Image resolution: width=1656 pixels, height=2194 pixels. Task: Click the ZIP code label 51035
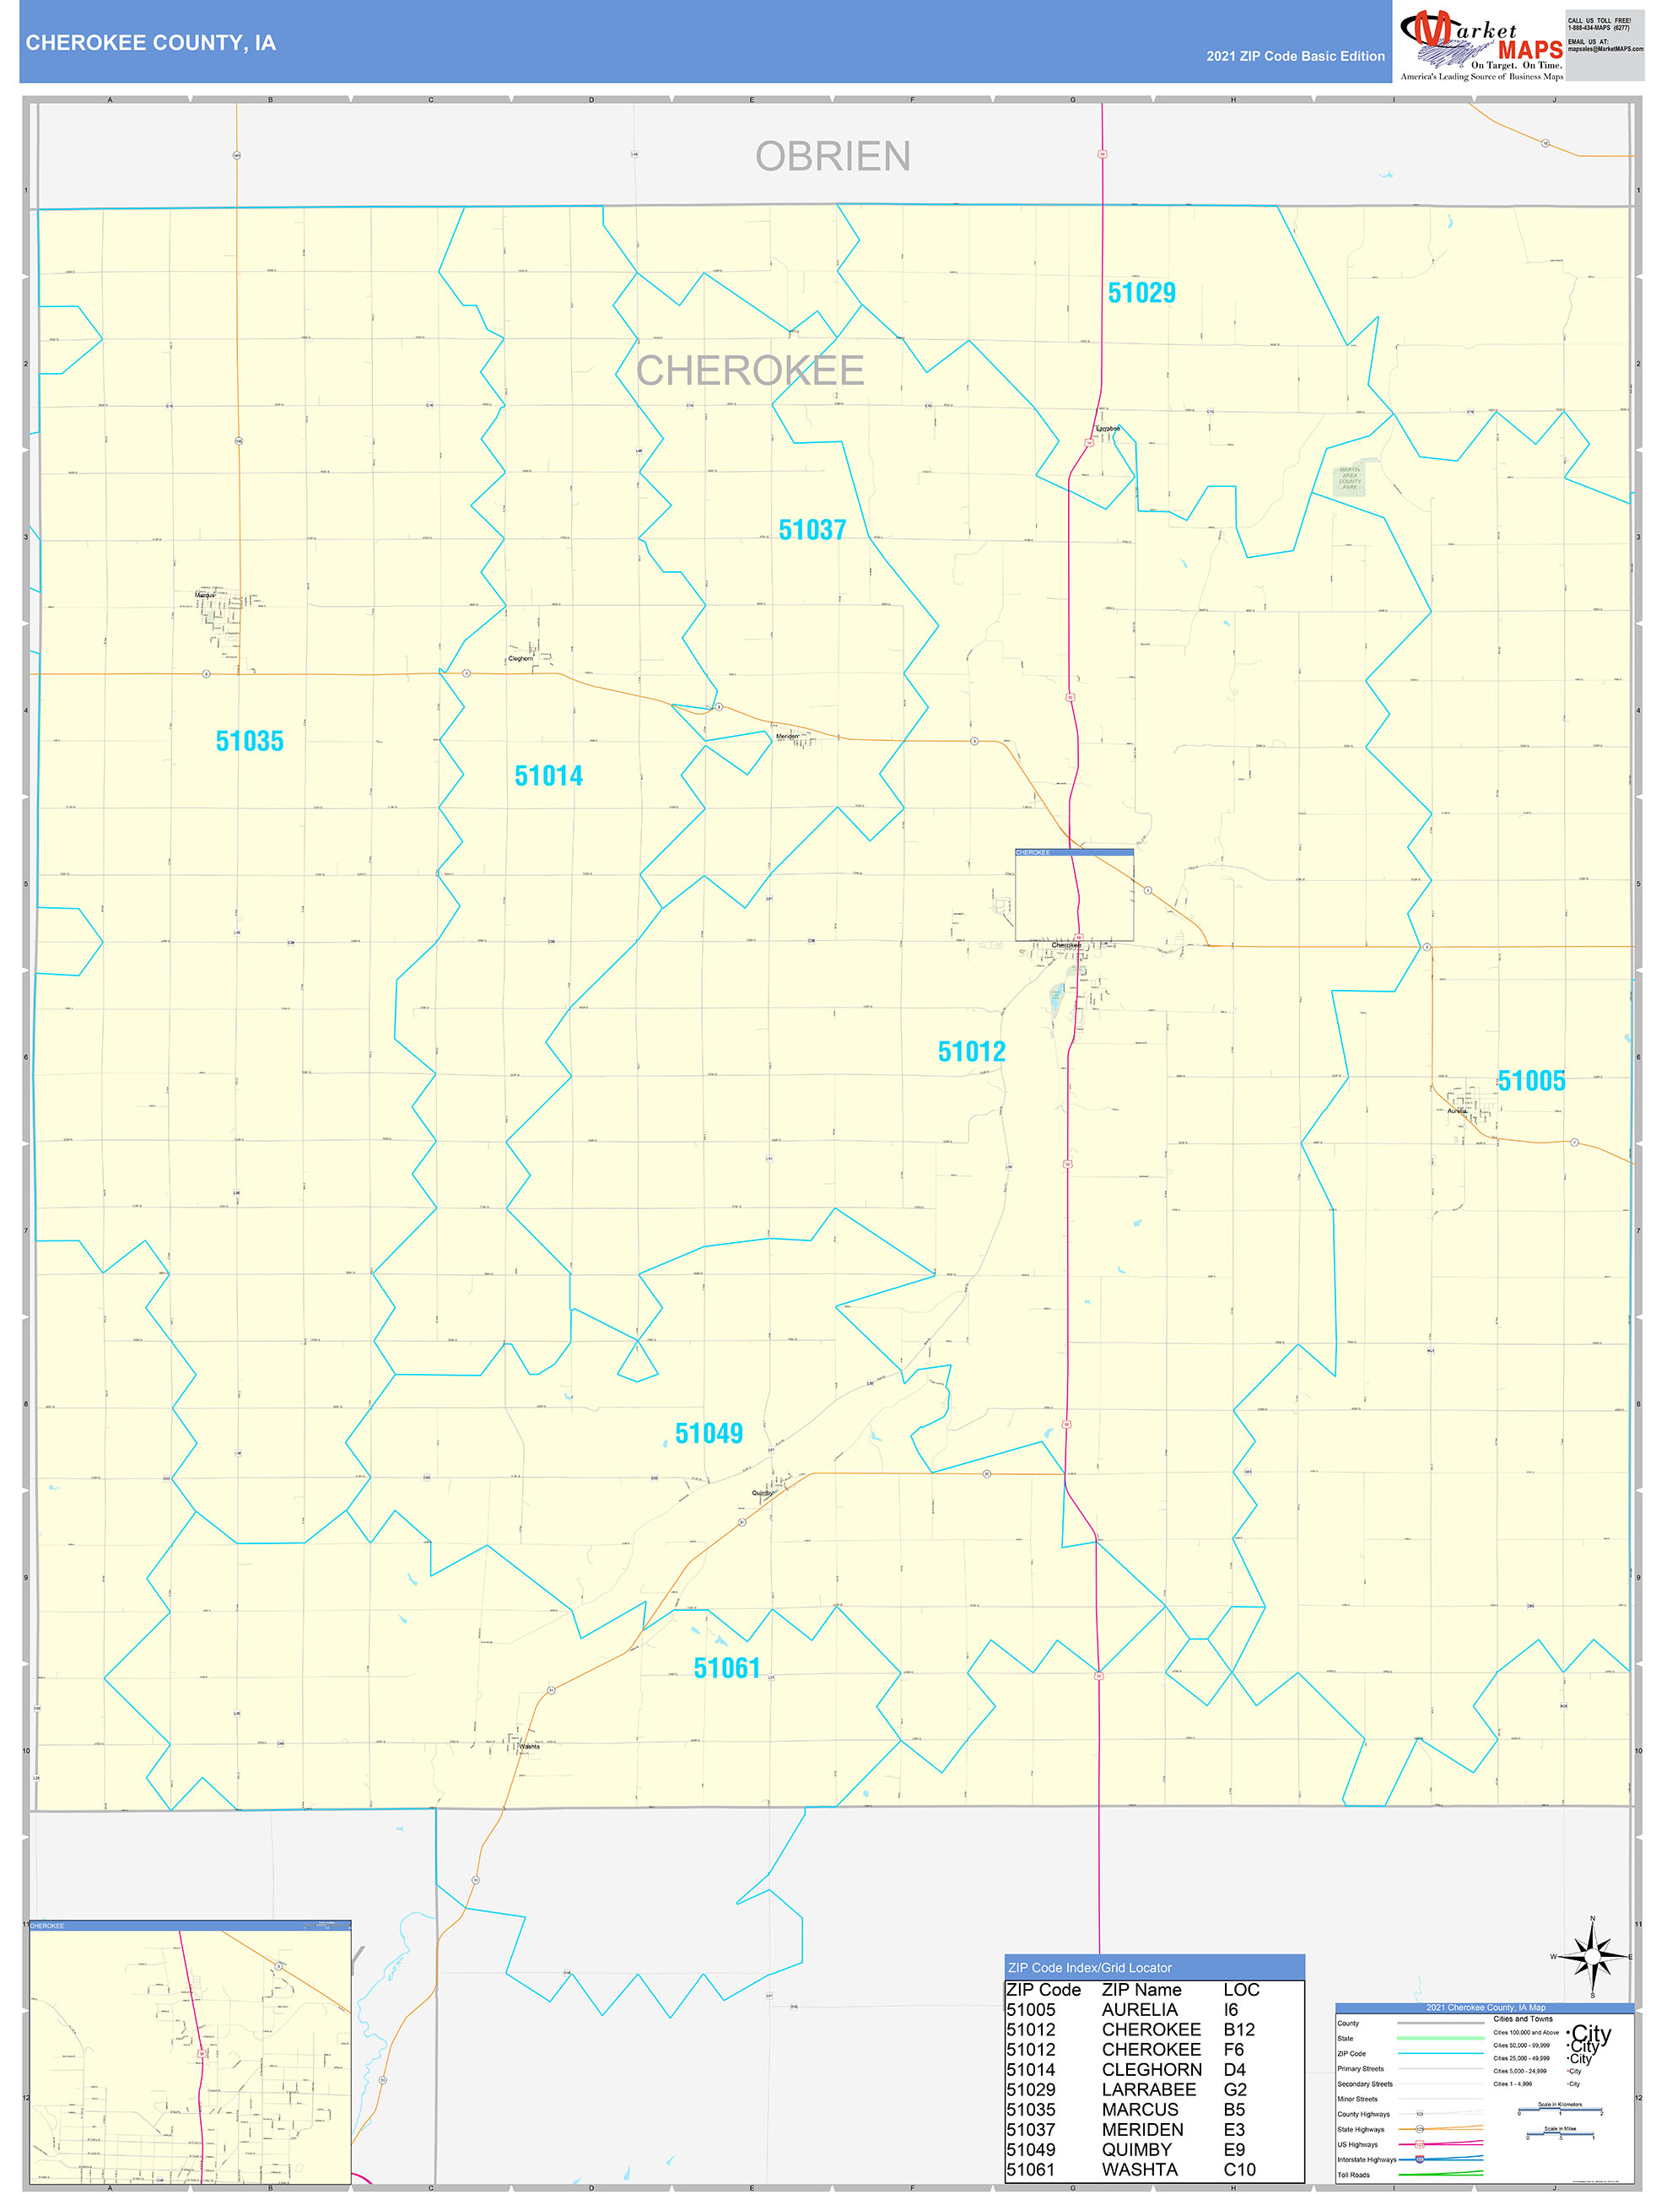[x=249, y=741]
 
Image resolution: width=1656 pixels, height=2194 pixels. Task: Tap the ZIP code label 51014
[x=548, y=775]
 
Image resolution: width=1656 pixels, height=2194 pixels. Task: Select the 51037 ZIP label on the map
[x=812, y=530]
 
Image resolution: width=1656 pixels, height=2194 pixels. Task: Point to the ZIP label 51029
[x=1141, y=293]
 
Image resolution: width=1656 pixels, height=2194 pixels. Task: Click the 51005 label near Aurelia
[x=1531, y=1081]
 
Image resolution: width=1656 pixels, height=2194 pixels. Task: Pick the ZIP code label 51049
[x=709, y=1433]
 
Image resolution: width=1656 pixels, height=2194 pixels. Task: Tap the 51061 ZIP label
[x=727, y=1668]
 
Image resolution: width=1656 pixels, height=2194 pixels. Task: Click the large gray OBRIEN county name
[x=833, y=157]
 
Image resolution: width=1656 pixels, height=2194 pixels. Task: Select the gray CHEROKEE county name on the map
[x=750, y=371]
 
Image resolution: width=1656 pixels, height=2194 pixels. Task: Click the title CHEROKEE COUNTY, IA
[x=151, y=43]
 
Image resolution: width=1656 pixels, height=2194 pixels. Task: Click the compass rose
[x=1593, y=1956]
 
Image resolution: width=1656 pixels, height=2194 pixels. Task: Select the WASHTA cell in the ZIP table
[x=1140, y=2170]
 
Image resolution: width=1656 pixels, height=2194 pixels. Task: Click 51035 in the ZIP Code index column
[x=1031, y=2110]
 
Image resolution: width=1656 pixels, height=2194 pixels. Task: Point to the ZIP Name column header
[x=1141, y=1990]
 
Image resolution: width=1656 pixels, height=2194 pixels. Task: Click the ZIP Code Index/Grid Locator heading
[x=1090, y=1968]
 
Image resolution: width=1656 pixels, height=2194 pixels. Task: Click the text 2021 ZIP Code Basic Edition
[x=1295, y=57]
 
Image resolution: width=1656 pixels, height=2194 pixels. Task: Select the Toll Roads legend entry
[x=1353, y=2175]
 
